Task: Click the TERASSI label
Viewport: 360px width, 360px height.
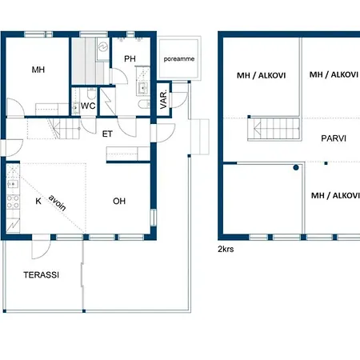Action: [42, 275]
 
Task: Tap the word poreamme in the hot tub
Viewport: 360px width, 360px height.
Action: [179, 59]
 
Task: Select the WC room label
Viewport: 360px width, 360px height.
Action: [88, 106]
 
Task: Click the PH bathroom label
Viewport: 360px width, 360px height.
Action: [130, 58]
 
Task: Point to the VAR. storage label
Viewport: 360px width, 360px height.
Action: [163, 99]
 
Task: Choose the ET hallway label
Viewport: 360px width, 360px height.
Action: [107, 134]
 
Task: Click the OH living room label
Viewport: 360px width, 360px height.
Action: [119, 201]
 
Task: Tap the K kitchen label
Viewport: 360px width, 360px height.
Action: [38, 201]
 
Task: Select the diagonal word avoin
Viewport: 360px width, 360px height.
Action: [57, 203]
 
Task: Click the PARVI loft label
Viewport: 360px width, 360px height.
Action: [334, 138]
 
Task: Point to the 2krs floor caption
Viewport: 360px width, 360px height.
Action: [226, 249]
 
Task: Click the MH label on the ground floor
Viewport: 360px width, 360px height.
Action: [38, 70]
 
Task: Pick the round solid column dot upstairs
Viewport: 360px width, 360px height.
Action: [296, 167]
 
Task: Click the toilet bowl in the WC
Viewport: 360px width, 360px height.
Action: [91, 94]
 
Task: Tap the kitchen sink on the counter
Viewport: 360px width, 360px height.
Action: [13, 184]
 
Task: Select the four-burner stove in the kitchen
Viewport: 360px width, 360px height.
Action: [13, 202]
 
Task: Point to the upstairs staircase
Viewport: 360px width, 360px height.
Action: [274, 129]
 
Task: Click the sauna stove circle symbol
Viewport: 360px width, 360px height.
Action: [103, 47]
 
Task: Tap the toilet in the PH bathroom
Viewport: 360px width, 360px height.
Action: [144, 104]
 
